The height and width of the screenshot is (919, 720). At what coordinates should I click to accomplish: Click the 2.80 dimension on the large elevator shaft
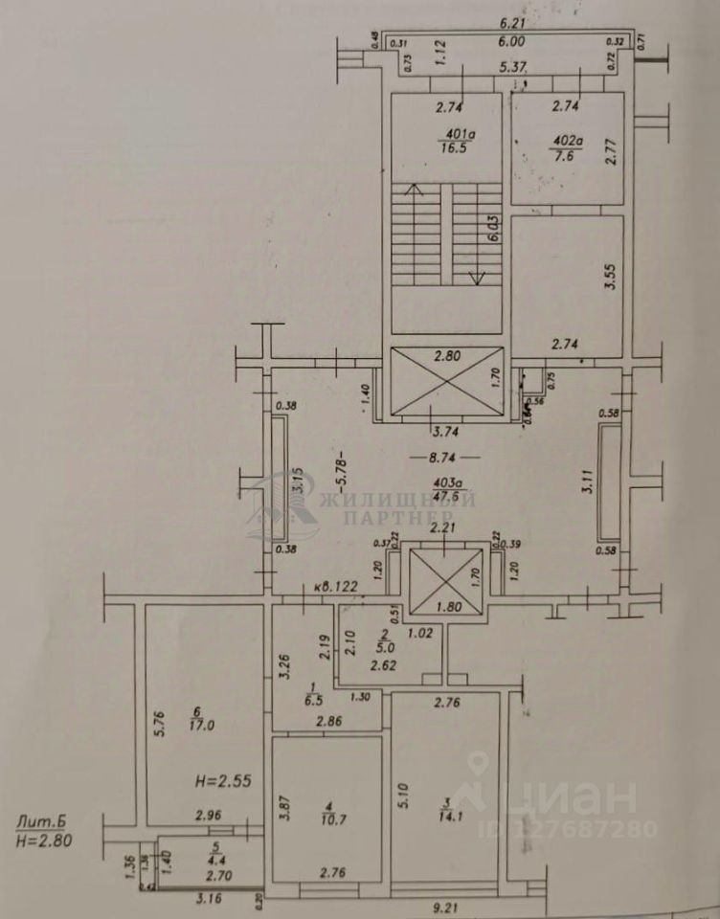[x=447, y=356]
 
